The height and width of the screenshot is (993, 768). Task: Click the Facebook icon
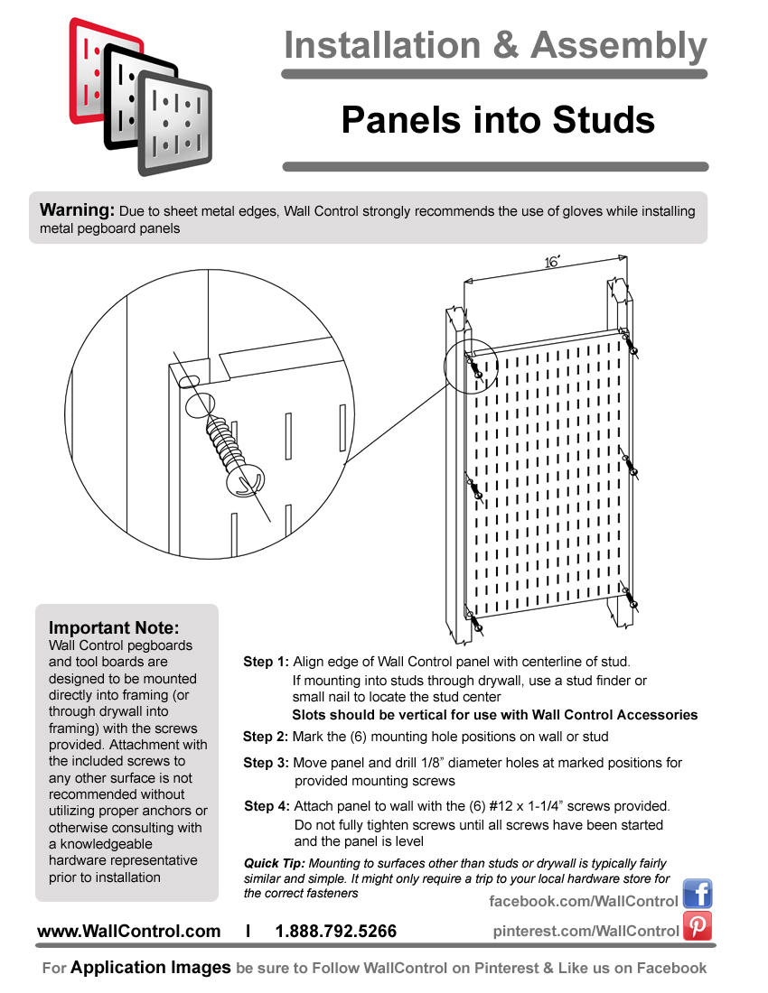click(x=698, y=894)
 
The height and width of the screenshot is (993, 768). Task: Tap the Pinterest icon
click(x=698, y=926)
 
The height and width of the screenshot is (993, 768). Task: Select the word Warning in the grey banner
click(x=77, y=210)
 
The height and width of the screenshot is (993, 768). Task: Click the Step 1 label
click(x=266, y=662)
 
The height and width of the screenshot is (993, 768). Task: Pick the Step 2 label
click(x=266, y=737)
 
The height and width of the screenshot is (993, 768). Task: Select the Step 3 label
click(x=266, y=763)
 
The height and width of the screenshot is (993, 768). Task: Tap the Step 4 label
click(x=267, y=806)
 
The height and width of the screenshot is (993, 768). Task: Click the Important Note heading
click(x=114, y=627)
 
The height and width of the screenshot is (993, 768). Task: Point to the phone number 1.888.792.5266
click(x=335, y=932)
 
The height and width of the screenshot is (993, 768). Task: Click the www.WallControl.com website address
click(x=128, y=932)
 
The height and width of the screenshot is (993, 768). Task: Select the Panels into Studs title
click(x=497, y=119)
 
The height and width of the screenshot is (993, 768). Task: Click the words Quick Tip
click(x=275, y=864)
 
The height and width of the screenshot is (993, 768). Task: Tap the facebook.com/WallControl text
click(x=583, y=901)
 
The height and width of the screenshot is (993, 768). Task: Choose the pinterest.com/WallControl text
click(x=585, y=931)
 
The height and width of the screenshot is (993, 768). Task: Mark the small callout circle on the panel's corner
click(x=471, y=367)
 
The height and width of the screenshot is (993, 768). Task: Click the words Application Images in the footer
click(x=151, y=968)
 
